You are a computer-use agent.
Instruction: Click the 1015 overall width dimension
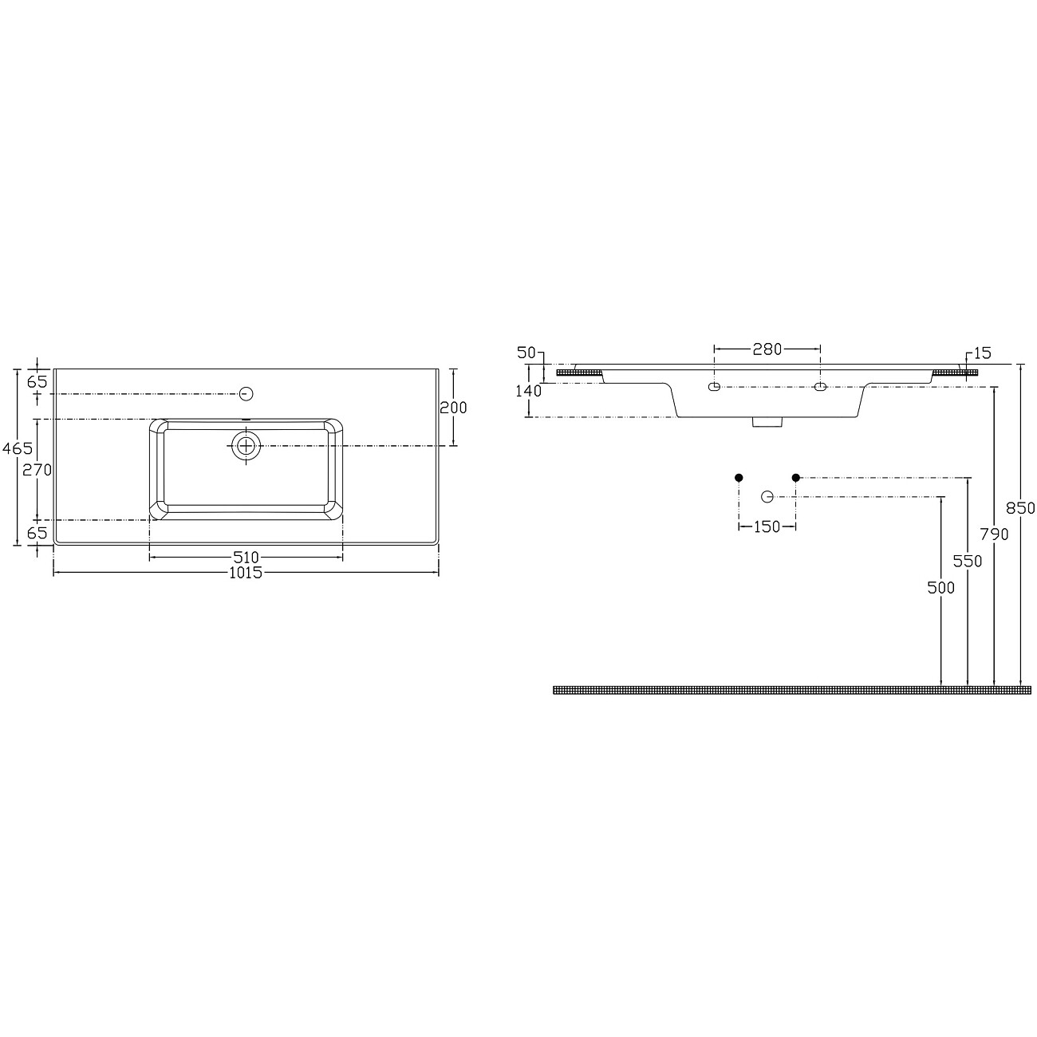(246, 573)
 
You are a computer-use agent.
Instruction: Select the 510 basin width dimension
(246, 557)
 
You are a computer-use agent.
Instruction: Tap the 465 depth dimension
(18, 448)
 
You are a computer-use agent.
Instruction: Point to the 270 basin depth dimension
(37, 470)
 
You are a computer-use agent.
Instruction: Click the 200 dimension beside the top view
(453, 408)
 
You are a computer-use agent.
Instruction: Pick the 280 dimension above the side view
(767, 349)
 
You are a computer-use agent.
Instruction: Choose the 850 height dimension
(1021, 507)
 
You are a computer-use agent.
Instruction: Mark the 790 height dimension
(994, 534)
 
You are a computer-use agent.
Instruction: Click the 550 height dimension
(968, 562)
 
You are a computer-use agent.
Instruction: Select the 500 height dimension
(941, 588)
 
